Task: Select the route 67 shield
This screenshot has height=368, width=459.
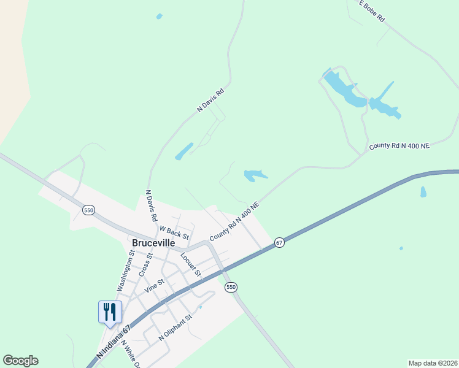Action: click(x=279, y=242)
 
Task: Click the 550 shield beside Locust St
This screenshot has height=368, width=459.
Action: click(x=231, y=287)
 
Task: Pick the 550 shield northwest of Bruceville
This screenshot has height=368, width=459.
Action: click(x=89, y=210)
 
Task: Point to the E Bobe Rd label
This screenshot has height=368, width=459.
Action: click(x=372, y=12)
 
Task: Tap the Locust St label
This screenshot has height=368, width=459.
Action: click(x=191, y=263)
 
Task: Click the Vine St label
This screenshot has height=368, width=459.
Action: click(x=154, y=285)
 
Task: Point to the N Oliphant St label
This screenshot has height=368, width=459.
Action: click(x=175, y=328)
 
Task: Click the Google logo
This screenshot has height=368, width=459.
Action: click(x=20, y=361)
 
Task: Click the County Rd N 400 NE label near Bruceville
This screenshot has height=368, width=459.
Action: click(x=234, y=221)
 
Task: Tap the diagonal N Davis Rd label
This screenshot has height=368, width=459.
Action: click(x=210, y=100)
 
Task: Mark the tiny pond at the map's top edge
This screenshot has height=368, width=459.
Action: click(x=160, y=16)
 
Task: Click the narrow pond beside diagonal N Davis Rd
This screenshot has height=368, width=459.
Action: click(x=184, y=151)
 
